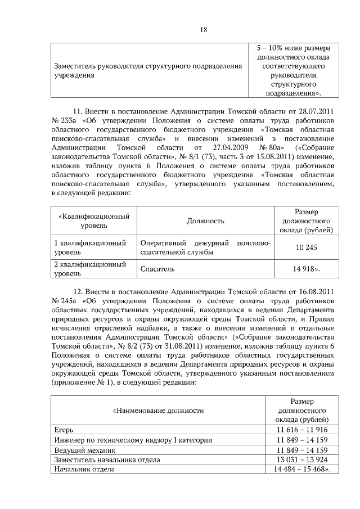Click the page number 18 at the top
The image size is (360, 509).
click(204, 29)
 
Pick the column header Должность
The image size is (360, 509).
click(206, 222)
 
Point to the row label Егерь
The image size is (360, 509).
click(63, 430)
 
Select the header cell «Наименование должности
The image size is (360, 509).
click(158, 411)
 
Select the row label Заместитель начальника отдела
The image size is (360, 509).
click(107, 460)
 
